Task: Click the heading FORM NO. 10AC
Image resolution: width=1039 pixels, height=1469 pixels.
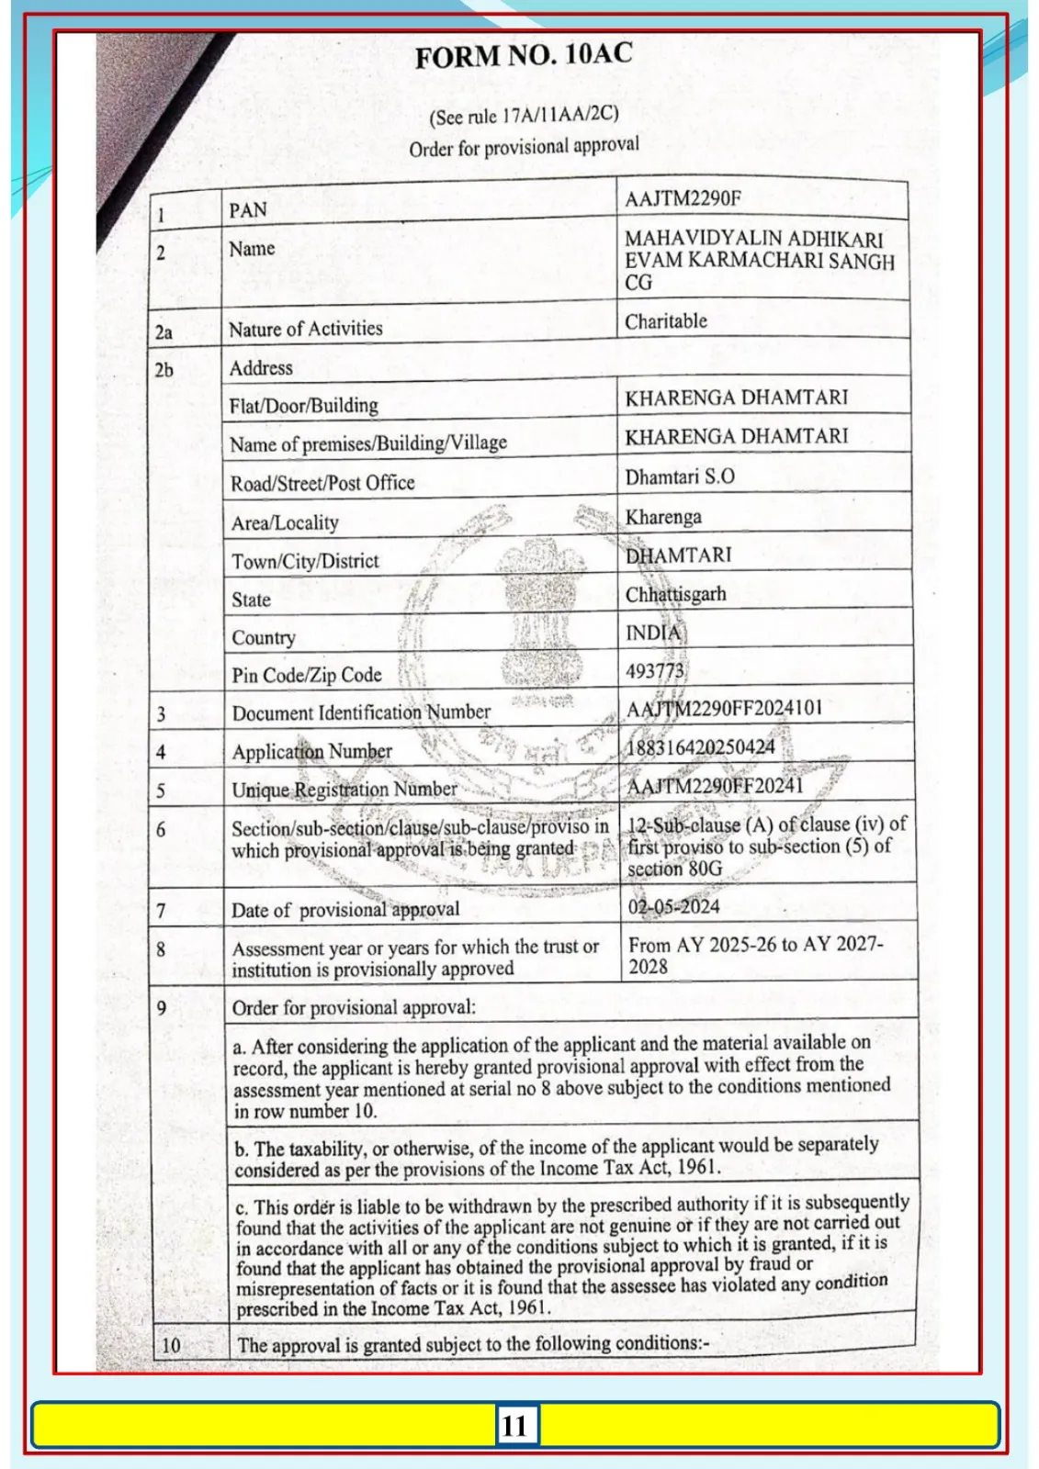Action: pyautogui.click(x=524, y=55)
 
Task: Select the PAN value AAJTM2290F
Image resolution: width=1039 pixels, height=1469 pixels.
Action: pyautogui.click(x=683, y=198)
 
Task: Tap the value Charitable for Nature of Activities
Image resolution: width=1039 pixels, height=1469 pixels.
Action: pyautogui.click(x=666, y=321)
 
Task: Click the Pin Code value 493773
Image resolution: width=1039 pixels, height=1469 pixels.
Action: pyautogui.click(x=655, y=671)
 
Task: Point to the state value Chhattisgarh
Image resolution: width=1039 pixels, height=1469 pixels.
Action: pyautogui.click(x=675, y=594)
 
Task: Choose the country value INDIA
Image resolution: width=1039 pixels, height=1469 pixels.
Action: pyautogui.click(x=654, y=633)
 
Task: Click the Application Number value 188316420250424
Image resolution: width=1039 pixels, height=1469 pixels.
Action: pyautogui.click(x=701, y=747)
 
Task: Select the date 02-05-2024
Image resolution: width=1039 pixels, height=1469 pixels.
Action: pyautogui.click(x=673, y=907)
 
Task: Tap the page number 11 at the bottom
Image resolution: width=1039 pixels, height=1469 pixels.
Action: pyautogui.click(x=514, y=1425)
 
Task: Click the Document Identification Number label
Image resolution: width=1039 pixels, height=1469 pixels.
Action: pyautogui.click(x=361, y=712)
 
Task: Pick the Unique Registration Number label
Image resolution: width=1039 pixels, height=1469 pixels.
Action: pyautogui.click(x=344, y=790)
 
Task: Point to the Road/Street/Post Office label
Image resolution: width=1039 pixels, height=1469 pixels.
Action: pyautogui.click(x=322, y=483)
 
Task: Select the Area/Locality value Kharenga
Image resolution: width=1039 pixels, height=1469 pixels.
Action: pyautogui.click(x=663, y=517)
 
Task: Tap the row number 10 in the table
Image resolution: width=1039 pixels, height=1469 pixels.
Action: pyautogui.click(x=171, y=1346)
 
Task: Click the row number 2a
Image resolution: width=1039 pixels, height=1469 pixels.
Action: pyautogui.click(x=164, y=332)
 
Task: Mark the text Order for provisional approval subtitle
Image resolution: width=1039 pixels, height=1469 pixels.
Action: pyautogui.click(x=524, y=147)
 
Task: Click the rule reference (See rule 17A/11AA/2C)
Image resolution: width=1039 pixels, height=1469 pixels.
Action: pyautogui.click(x=524, y=116)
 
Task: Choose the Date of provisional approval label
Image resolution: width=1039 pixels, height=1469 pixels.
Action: pyautogui.click(x=344, y=910)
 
